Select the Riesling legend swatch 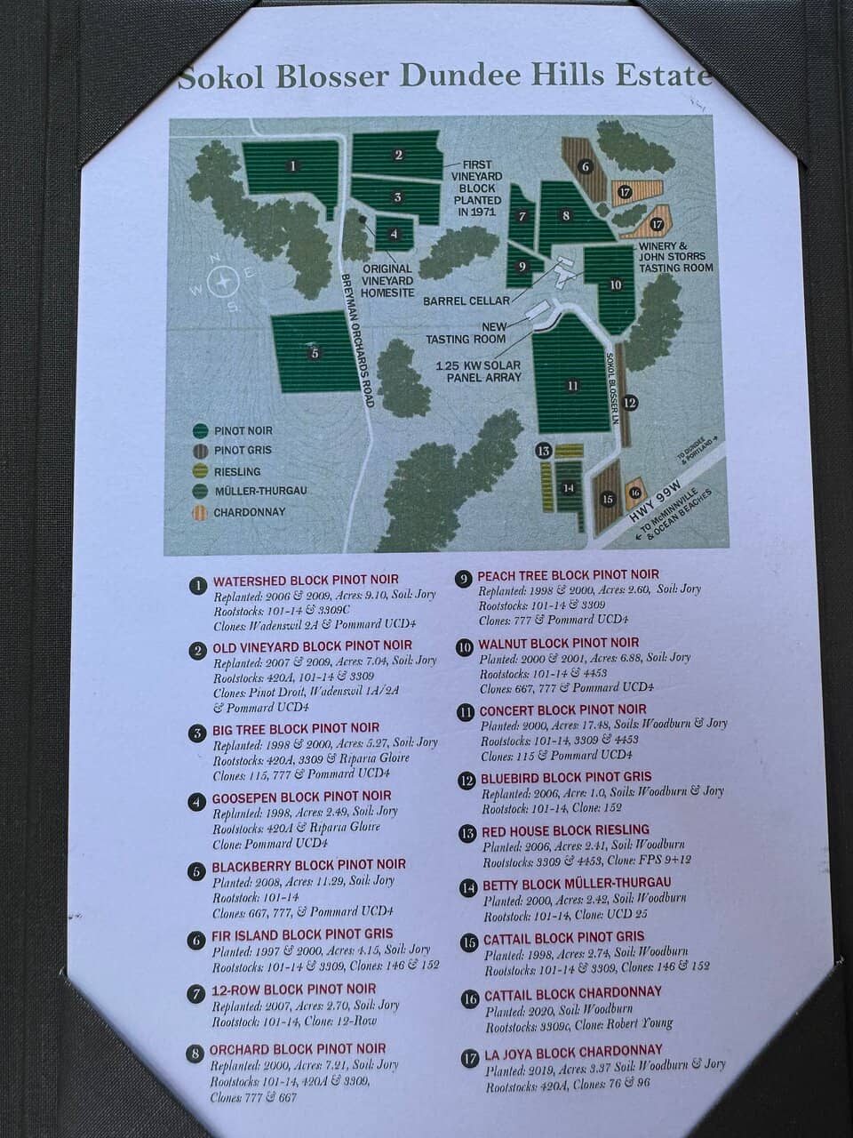(x=201, y=471)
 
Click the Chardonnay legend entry (x=239, y=512)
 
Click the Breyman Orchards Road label (x=356, y=339)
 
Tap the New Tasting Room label (x=466, y=333)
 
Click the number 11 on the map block (x=573, y=386)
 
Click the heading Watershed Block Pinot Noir (x=306, y=581)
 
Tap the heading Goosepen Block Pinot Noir (x=301, y=797)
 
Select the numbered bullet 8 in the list (x=195, y=1054)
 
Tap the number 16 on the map (x=634, y=492)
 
